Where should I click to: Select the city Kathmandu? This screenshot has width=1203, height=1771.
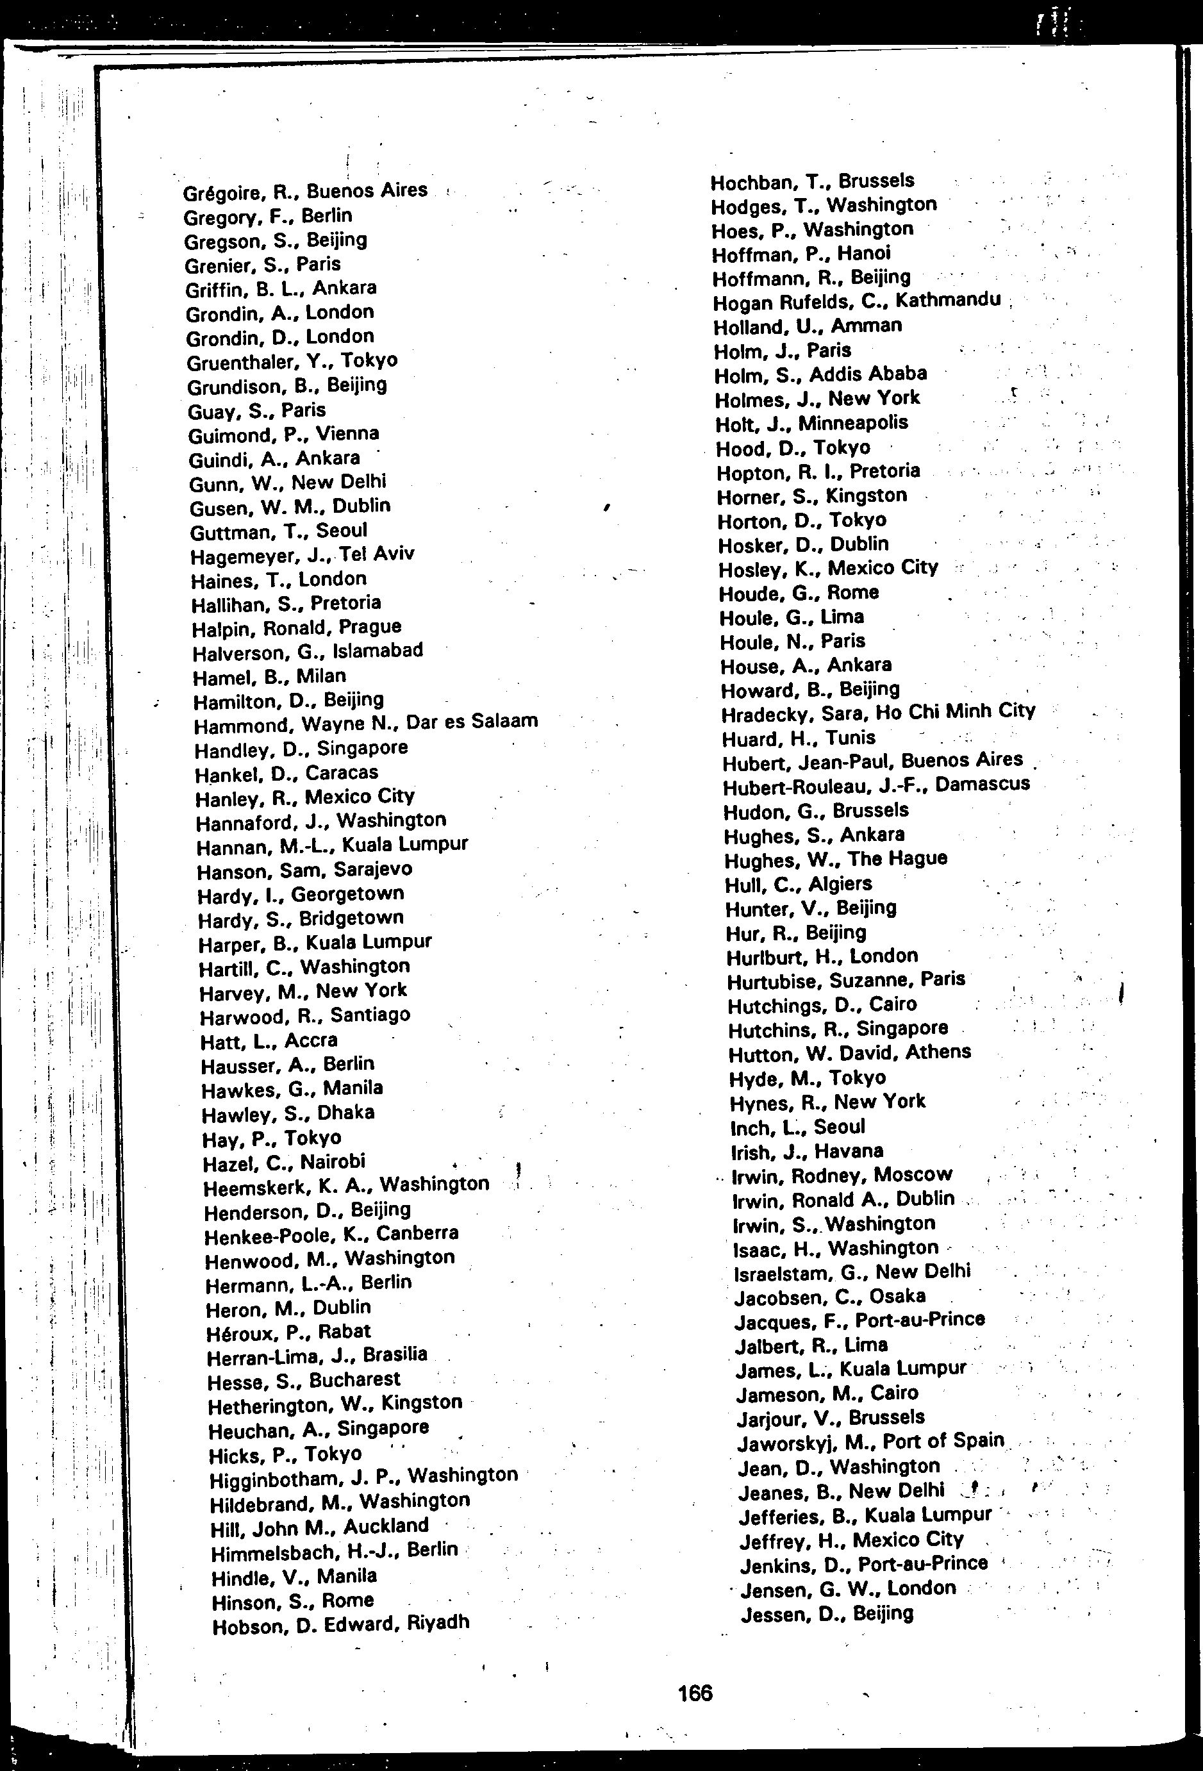948,299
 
